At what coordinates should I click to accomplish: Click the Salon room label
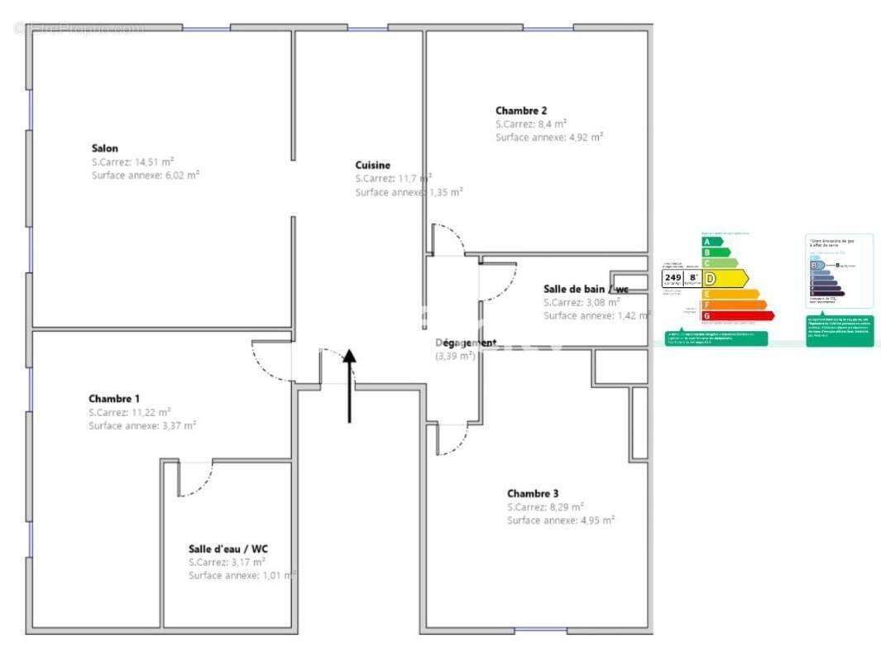[105, 148]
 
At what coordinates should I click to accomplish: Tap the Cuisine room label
[373, 165]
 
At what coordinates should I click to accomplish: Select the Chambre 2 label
[521, 110]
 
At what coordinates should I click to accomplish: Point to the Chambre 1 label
[114, 398]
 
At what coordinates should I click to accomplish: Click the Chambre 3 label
[533, 493]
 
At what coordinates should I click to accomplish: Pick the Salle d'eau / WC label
[228, 548]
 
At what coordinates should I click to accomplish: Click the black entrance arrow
[349, 385]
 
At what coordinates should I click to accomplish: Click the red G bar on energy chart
[738, 315]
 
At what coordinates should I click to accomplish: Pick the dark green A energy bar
[706, 242]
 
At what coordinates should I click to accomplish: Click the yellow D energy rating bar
[725, 279]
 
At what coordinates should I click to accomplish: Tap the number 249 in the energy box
[673, 277]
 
